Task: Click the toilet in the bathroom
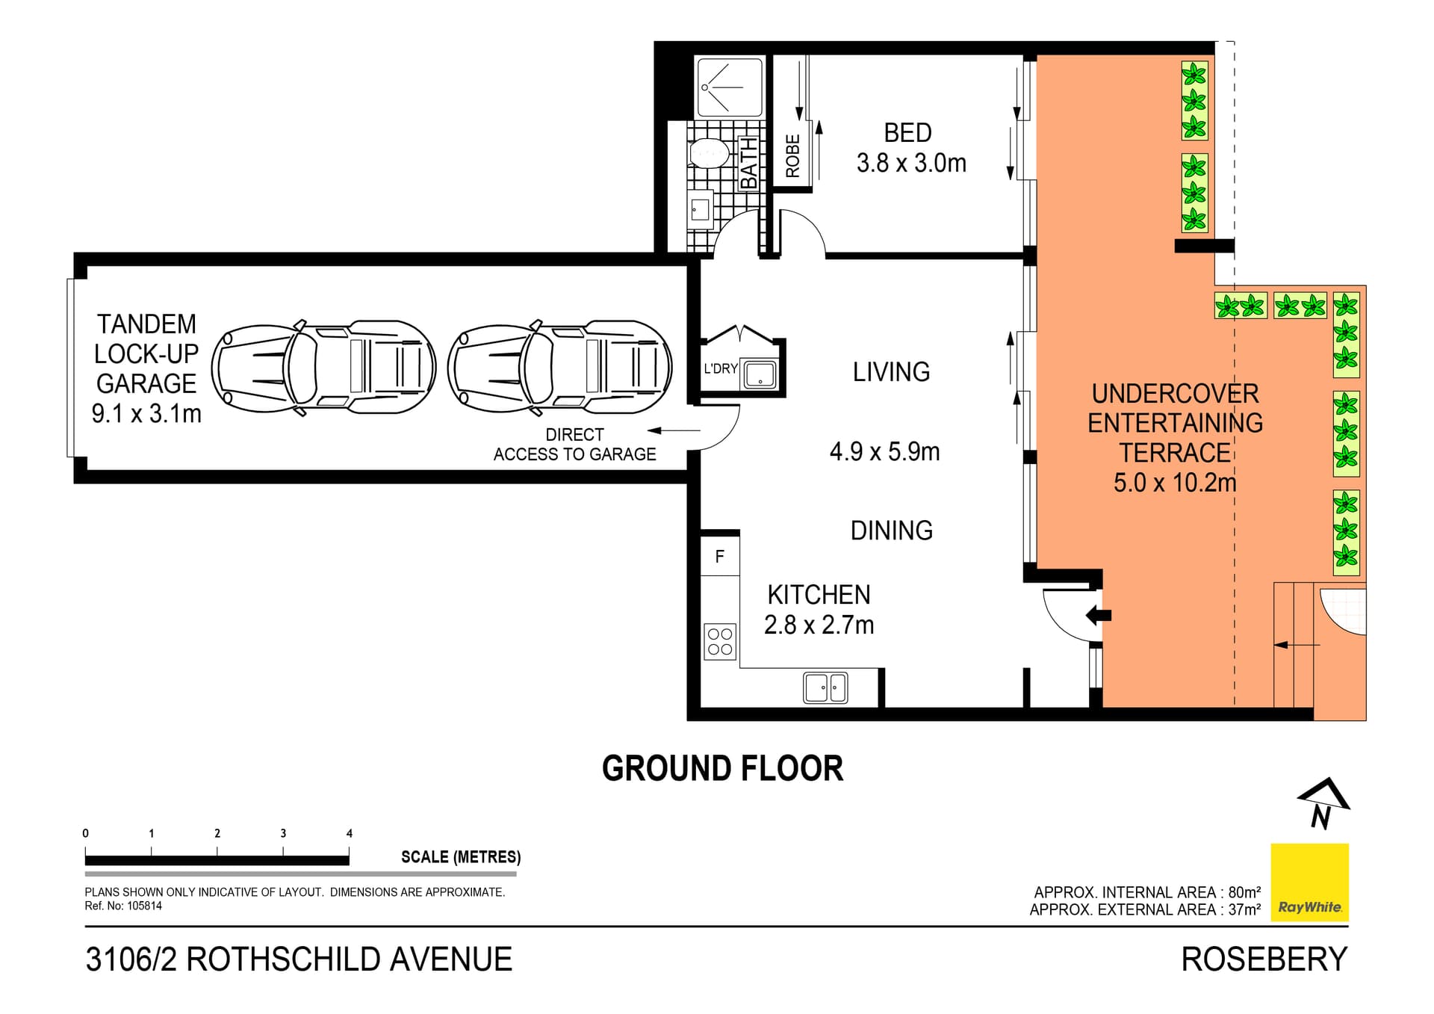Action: [708, 152]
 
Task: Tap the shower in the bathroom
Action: [730, 87]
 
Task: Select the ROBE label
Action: [793, 155]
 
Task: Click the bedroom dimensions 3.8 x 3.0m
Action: [911, 163]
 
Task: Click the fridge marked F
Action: [720, 557]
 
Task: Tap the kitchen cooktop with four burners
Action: [720, 642]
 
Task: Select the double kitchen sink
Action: [825, 687]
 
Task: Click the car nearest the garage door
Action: [323, 368]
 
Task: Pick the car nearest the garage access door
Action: [559, 368]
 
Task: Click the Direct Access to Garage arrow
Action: [674, 430]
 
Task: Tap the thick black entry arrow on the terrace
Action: [1099, 616]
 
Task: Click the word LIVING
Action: [892, 372]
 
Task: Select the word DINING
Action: [892, 531]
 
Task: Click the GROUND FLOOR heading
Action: [723, 769]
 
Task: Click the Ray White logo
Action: [1310, 882]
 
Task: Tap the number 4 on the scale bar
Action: [350, 833]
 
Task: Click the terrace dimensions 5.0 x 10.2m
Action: [1175, 483]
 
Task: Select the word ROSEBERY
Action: [1264, 959]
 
